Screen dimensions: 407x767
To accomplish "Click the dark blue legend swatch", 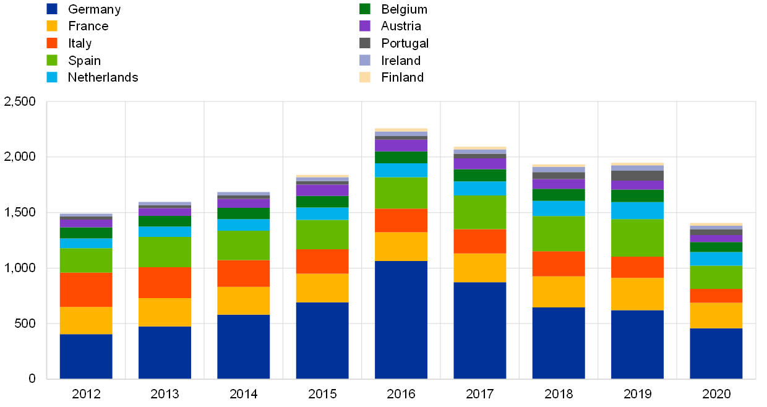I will (x=52, y=9).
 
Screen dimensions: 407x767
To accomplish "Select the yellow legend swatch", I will (x=52, y=26).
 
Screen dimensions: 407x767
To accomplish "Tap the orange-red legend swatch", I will (x=52, y=43).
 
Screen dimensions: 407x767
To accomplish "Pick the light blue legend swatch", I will (x=52, y=77).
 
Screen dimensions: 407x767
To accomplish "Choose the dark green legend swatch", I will (x=365, y=9).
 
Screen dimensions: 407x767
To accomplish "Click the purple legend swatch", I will (x=365, y=26).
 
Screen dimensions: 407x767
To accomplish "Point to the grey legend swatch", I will (x=365, y=43).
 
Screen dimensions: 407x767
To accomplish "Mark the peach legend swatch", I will (x=365, y=77).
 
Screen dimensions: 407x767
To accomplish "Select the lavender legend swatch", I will (x=365, y=60).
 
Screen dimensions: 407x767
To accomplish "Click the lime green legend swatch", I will (x=52, y=60).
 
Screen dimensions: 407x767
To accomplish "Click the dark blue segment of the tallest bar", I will (x=401, y=319).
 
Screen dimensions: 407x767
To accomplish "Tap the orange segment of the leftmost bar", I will (x=86, y=289).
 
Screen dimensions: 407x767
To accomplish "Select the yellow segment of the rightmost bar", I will (x=716, y=315).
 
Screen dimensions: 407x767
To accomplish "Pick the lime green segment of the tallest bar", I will (x=401, y=193).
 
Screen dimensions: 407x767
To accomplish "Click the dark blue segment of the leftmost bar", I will (x=86, y=356).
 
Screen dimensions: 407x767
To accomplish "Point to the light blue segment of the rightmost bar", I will (x=716, y=259).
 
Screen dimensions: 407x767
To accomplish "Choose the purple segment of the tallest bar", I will (x=401, y=145).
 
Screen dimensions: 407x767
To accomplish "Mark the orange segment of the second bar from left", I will (x=165, y=282).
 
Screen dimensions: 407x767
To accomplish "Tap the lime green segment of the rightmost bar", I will (x=716, y=277).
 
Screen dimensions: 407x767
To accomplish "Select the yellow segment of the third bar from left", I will (x=244, y=301).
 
